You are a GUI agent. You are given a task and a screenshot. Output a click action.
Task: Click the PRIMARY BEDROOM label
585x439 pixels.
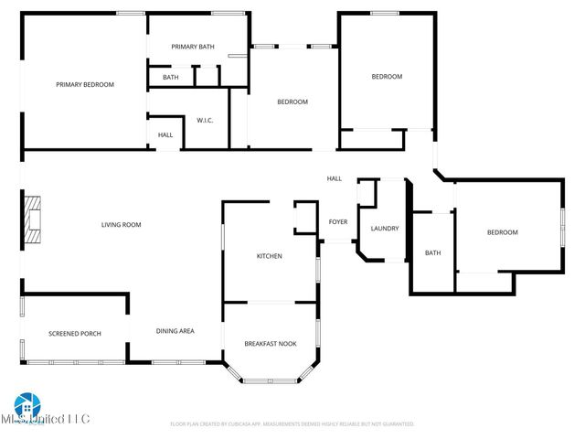84,84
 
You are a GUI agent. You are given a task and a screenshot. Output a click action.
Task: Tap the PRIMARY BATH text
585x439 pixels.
193,46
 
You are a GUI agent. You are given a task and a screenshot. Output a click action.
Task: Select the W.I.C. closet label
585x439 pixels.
205,120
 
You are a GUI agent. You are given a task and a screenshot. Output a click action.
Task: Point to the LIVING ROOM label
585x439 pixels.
121,224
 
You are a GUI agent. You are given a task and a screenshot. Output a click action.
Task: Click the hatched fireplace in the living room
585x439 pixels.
32,221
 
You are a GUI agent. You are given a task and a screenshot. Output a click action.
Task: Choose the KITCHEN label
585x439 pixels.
269,256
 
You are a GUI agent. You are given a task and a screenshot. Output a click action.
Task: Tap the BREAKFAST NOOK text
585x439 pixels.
271,343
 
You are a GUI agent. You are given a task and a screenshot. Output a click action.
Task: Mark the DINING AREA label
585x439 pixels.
175,331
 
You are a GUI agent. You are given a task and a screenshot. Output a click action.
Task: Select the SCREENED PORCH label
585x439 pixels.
74,333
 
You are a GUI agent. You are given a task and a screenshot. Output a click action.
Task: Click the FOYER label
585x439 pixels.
338,222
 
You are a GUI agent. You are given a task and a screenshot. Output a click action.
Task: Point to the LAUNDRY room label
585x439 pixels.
384,228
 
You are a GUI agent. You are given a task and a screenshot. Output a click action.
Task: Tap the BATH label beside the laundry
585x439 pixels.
432,253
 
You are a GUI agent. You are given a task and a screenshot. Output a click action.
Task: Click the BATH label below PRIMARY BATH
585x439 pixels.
171,78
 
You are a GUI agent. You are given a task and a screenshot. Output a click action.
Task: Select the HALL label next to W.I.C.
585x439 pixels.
165,135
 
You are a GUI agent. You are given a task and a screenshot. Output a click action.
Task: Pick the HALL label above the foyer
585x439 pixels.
335,178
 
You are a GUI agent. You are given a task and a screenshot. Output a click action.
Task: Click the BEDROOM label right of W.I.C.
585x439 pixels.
292,102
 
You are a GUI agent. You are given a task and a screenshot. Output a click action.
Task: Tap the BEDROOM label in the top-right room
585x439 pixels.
386,77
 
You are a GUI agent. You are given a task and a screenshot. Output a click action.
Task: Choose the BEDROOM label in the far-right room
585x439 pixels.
502,232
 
